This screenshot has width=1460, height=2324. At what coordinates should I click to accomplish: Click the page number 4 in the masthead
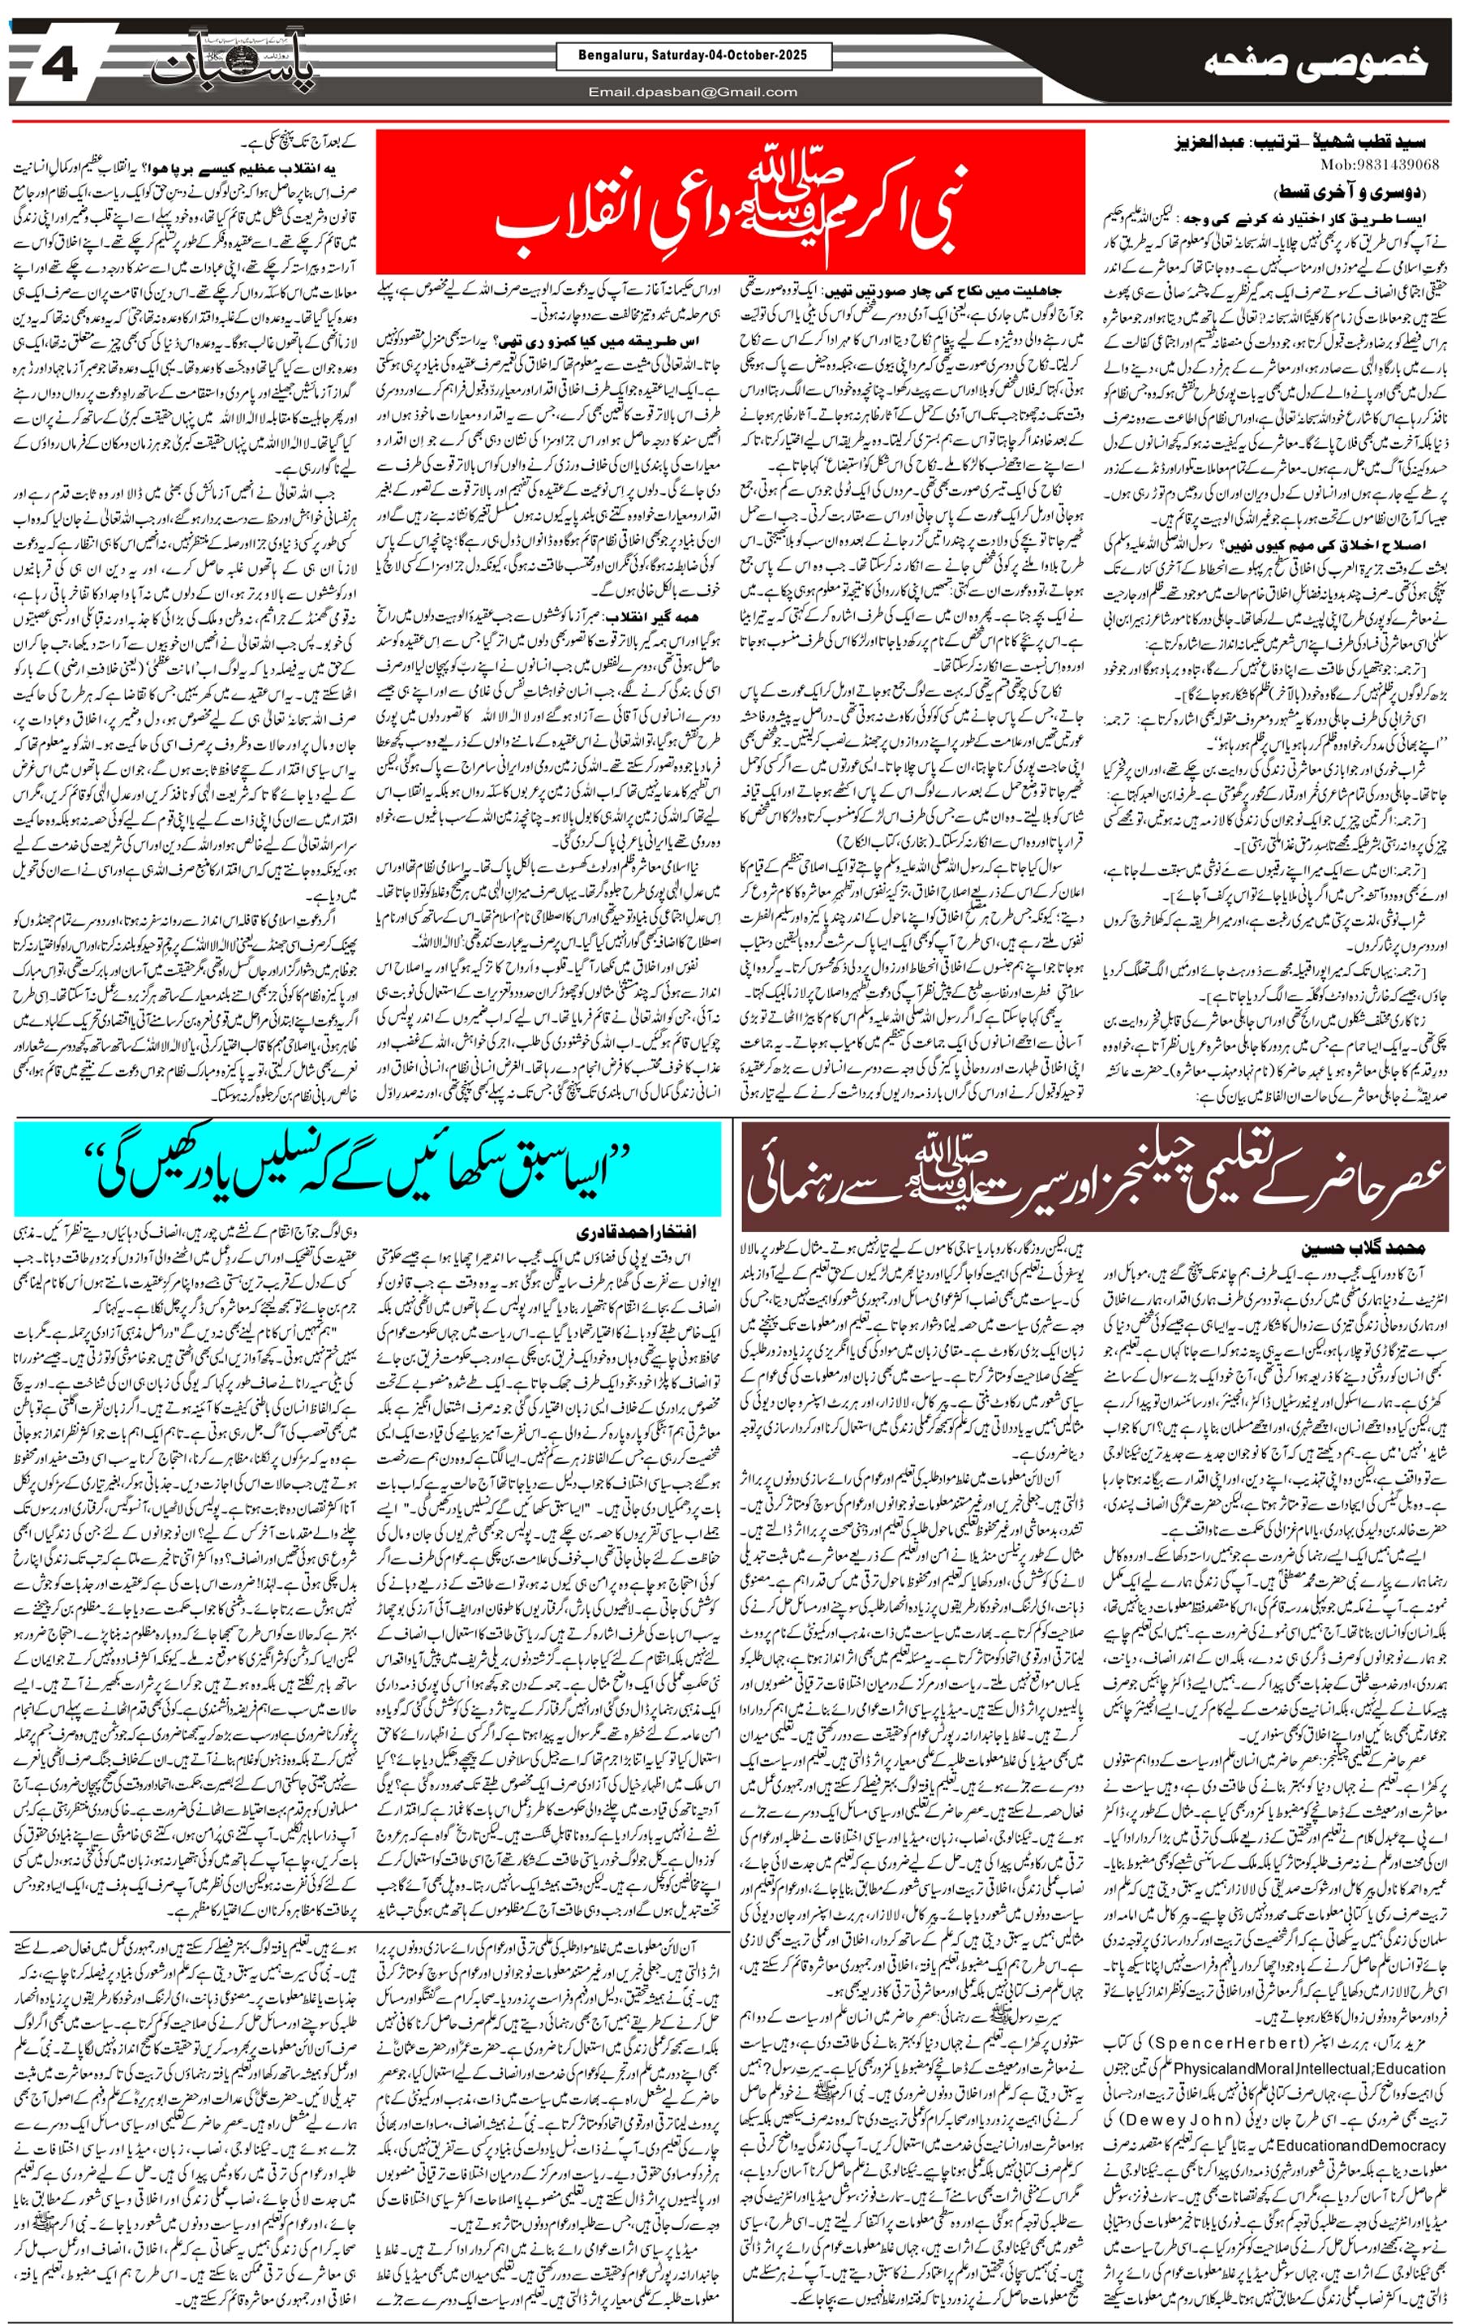point(60,66)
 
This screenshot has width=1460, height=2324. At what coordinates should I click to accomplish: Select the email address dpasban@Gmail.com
point(693,92)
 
